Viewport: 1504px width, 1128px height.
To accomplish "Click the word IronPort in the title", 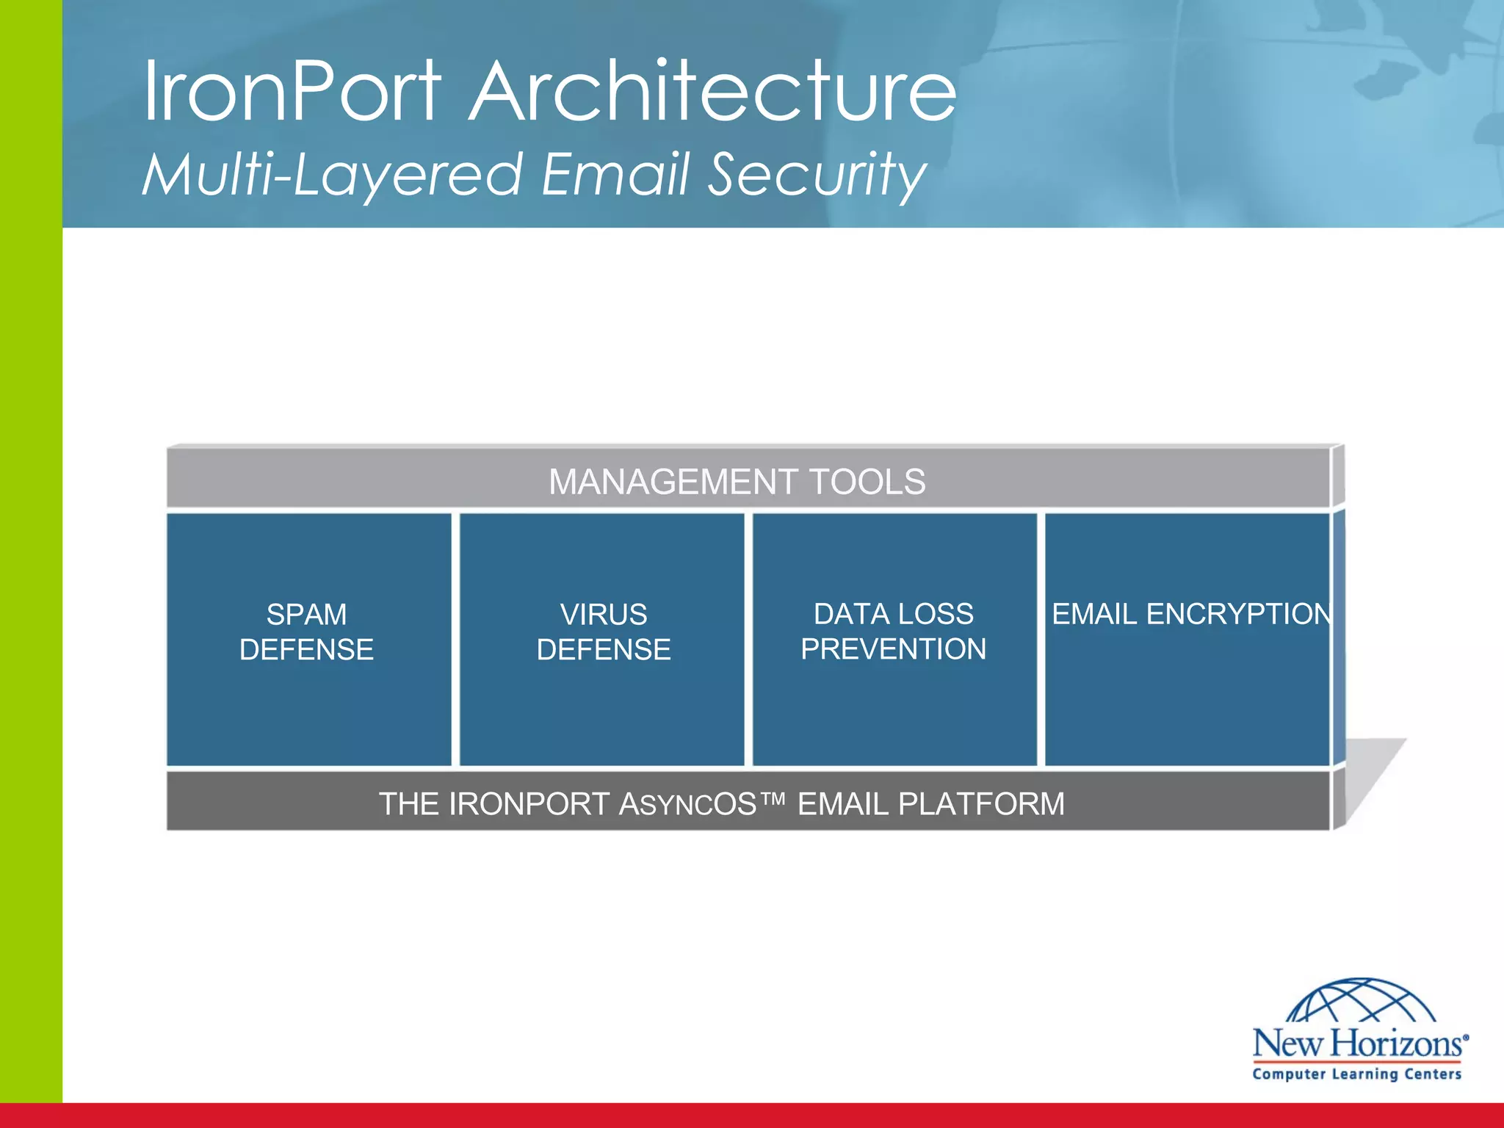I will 292,92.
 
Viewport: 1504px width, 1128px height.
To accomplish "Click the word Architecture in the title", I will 712,92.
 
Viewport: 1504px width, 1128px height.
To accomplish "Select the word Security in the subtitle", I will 817,175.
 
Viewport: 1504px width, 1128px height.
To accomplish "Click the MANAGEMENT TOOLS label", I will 737,482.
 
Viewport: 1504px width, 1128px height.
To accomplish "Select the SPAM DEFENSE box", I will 308,639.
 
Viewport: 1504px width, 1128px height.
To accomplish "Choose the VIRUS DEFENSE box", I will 602,639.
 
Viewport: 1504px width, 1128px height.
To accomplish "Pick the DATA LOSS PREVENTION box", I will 894,639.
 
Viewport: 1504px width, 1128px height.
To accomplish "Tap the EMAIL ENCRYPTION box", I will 1187,639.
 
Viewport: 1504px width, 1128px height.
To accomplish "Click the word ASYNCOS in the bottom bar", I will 687,804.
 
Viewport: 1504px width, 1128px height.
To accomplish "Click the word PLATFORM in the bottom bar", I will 981,804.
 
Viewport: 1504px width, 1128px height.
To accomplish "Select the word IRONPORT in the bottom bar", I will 529,804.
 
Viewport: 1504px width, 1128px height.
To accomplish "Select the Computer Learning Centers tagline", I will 1357,1074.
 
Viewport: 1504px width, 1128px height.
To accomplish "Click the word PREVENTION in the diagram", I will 894,649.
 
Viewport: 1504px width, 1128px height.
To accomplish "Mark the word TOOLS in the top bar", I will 867,482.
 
